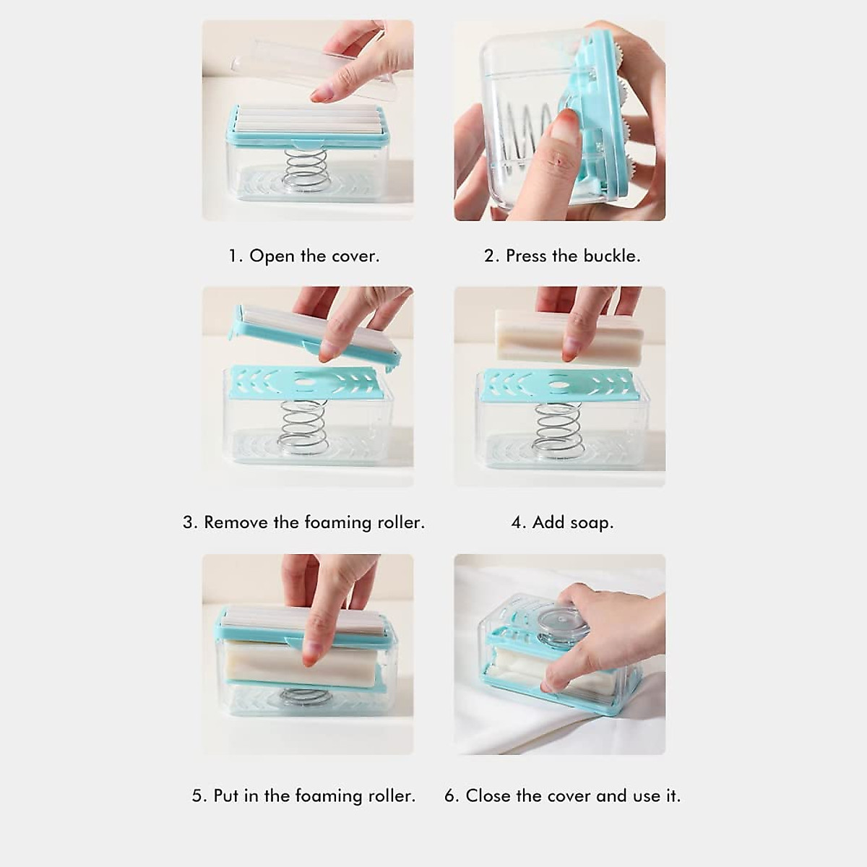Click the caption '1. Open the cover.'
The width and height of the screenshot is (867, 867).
click(x=303, y=256)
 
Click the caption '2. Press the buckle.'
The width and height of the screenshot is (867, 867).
click(x=562, y=256)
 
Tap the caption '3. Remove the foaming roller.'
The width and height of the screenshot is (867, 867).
click(x=303, y=522)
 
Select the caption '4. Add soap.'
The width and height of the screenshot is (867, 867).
click(x=562, y=522)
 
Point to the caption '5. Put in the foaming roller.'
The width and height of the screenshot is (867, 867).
click(x=303, y=795)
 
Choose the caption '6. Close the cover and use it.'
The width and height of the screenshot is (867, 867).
click(x=562, y=795)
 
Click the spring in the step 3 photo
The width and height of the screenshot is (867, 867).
click(x=303, y=426)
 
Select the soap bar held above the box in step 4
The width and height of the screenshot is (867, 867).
click(x=535, y=335)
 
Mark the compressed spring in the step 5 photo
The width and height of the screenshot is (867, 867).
click(x=303, y=696)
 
